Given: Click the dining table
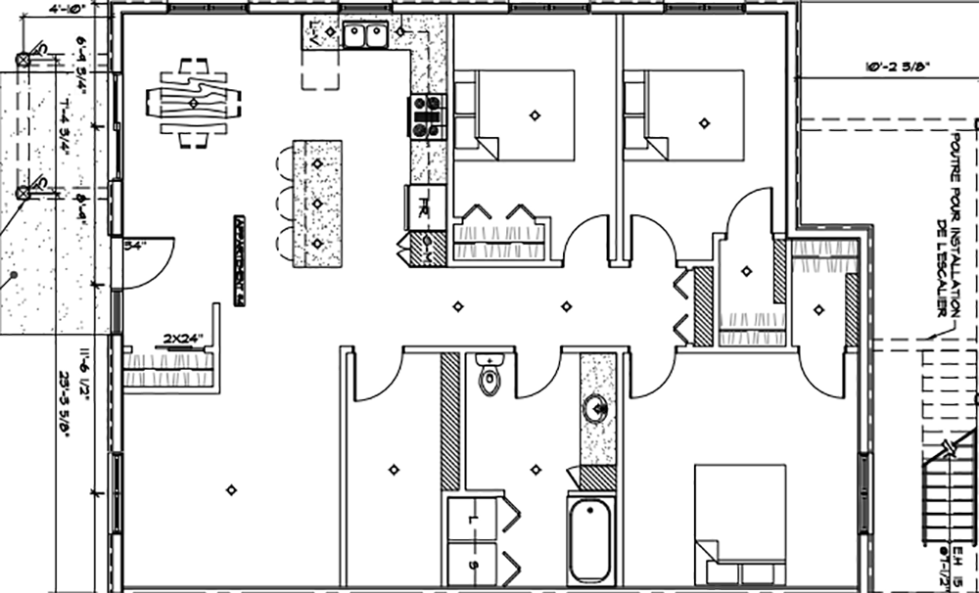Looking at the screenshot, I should [x=193, y=102].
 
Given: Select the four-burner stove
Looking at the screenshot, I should [x=426, y=114].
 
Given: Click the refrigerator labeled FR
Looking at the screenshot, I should [x=426, y=207].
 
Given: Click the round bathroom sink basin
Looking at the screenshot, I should [x=595, y=409].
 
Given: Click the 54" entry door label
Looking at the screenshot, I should [x=134, y=246].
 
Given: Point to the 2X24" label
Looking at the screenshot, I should [x=183, y=340].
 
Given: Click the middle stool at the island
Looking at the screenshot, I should [x=284, y=203].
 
